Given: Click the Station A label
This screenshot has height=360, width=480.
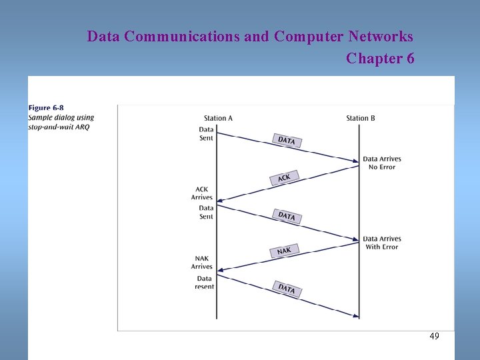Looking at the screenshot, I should pos(218,118).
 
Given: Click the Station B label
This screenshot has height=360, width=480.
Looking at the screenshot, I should pos(361,118).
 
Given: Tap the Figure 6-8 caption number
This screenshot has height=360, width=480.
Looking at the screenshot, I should pos(46,108).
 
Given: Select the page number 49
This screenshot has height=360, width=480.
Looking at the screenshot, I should pos(434,337).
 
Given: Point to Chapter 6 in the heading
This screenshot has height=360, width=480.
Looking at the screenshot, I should pos(380,59).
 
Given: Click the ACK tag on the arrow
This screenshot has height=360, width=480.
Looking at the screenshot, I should pos(284,178).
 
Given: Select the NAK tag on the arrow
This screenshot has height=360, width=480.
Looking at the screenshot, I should pos(284,251).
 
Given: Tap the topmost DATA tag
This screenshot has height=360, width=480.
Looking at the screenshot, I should pos(287,141).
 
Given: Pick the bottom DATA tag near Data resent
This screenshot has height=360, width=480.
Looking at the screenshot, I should pos(287,289).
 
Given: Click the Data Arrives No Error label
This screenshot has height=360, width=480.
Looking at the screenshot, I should pos(382,163).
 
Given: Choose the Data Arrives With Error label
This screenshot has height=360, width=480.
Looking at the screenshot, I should pos(382,243).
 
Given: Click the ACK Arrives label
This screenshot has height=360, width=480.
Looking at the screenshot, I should pos(201,193).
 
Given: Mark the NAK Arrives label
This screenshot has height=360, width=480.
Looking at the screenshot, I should pos(201,263).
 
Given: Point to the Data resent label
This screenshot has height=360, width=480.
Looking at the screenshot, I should pos(204,283).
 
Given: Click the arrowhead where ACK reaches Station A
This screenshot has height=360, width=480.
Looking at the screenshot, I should pos(221,199).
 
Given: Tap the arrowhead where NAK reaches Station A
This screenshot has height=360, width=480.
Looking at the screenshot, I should pos(221,269).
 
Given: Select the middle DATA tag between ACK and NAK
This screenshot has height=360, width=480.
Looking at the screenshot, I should pos(287,215).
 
